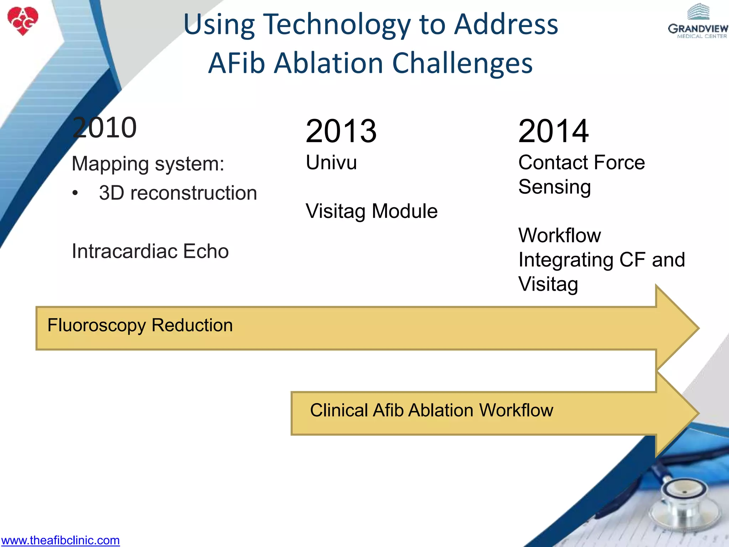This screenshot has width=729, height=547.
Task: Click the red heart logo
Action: click(23, 21)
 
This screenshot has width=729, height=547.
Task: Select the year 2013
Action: click(341, 131)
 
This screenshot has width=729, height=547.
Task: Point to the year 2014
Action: click(553, 131)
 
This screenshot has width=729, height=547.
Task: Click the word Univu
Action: click(331, 162)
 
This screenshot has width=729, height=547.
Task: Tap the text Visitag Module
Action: click(372, 211)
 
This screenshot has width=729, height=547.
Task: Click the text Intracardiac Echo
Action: click(150, 251)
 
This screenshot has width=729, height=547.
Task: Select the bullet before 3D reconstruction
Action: click(75, 193)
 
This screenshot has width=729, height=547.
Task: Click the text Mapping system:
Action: click(148, 164)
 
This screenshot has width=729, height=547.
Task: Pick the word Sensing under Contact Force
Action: click(555, 187)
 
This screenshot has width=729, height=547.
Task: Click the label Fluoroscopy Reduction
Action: click(140, 325)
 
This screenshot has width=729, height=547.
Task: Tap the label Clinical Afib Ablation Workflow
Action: click(431, 410)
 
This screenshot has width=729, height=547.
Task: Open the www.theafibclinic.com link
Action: click(61, 540)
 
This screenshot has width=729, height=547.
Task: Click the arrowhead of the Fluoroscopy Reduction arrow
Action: click(676, 328)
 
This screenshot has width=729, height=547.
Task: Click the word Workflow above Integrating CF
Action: click(560, 235)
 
